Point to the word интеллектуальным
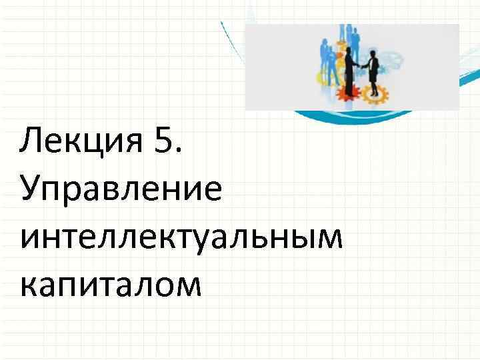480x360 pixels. click(181, 237)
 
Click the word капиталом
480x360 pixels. click(110, 285)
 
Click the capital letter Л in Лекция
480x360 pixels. click(31, 142)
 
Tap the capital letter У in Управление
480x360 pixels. click(31, 190)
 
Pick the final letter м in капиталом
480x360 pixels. click(187, 286)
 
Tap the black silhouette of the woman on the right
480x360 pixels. click(373, 71)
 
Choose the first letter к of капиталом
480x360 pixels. click(29, 286)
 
